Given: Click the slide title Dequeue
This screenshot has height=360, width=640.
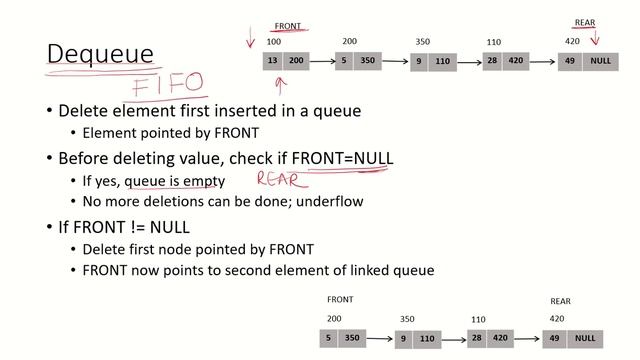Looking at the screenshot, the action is click(x=101, y=54).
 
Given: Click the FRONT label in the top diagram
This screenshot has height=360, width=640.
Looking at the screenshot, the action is click(x=287, y=27).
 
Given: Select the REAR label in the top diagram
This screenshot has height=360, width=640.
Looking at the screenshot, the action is click(x=585, y=22).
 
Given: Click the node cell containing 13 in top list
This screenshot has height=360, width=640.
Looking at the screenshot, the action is click(x=273, y=61).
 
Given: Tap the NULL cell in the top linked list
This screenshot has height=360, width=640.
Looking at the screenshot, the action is click(x=600, y=61).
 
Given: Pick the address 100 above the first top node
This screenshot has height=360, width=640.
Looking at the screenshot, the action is click(x=273, y=42).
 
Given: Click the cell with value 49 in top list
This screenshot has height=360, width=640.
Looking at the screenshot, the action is click(x=571, y=61).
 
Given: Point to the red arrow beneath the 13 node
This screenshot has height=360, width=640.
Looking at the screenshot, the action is click(x=280, y=83).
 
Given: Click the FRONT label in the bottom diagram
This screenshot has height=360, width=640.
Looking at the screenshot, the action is click(x=340, y=299).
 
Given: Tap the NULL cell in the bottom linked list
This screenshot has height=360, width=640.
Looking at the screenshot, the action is click(x=585, y=338).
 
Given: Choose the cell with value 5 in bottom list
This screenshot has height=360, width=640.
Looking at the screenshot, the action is click(x=329, y=338).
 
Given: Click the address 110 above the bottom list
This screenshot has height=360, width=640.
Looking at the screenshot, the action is click(x=478, y=320).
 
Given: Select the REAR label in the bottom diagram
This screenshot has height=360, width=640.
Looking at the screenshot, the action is click(x=561, y=301).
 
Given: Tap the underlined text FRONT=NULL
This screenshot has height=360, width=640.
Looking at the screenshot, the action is click(x=342, y=159).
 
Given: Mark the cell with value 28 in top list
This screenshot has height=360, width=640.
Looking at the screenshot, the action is click(x=492, y=61).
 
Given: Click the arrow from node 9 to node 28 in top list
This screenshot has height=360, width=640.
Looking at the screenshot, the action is click(x=469, y=62).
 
